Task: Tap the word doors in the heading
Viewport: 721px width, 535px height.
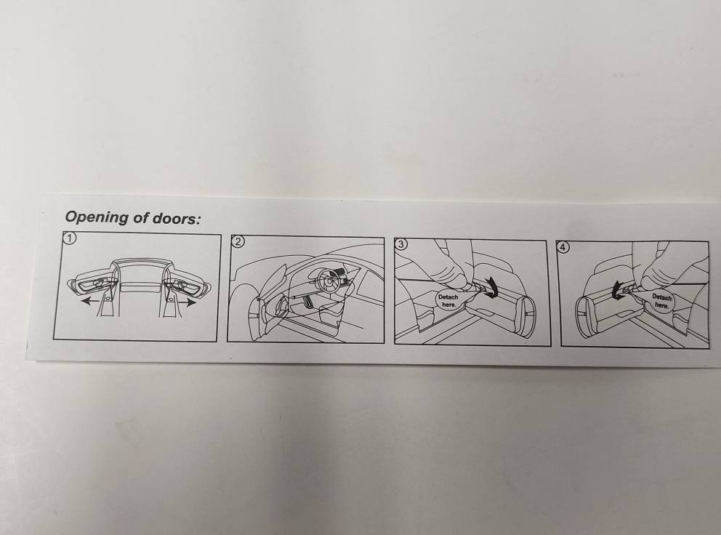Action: [177, 219]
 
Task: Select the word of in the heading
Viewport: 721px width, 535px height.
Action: [141, 218]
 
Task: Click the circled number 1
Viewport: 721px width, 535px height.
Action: [70, 238]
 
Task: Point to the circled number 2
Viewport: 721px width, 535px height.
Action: [238, 241]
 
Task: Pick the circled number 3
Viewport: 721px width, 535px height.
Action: [401, 244]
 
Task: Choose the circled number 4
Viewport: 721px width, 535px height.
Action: [563, 247]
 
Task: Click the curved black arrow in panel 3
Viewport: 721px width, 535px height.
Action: [494, 288]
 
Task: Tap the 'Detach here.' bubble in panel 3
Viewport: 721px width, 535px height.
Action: [448, 301]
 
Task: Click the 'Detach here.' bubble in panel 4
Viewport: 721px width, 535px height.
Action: [661, 301]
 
